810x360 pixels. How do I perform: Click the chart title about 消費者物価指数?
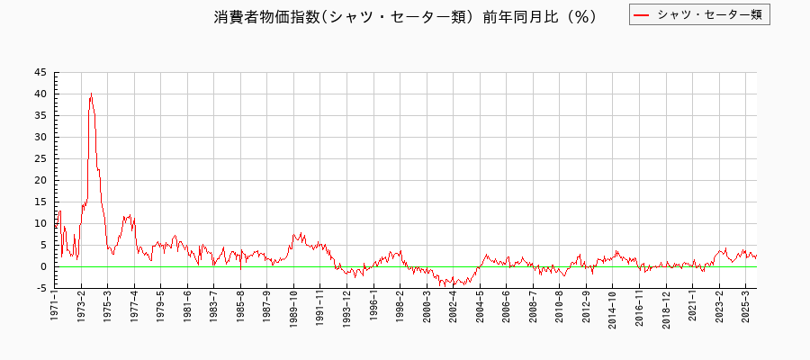point(405,17)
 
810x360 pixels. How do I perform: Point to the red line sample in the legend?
point(642,14)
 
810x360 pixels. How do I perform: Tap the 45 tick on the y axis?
point(41,73)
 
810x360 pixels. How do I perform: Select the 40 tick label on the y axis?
point(41,94)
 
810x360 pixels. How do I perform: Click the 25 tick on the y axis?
point(41,159)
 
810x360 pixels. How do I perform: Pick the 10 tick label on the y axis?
point(41,224)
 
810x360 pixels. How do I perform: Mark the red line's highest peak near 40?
point(91,94)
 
